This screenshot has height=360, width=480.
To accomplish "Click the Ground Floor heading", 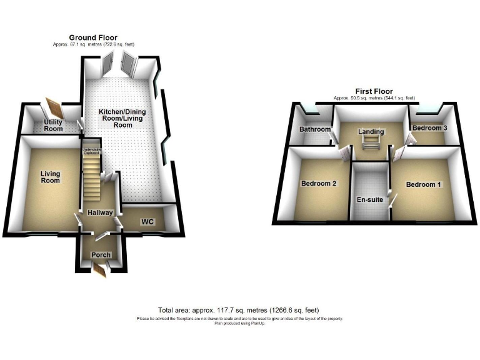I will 93,38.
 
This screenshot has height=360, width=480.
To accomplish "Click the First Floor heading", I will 374,91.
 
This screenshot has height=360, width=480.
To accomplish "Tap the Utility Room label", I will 53,125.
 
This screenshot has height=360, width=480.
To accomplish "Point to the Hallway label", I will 100,213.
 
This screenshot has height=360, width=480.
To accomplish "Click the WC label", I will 147,221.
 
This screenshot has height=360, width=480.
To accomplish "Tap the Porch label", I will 101,255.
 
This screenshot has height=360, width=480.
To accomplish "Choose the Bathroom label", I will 314,130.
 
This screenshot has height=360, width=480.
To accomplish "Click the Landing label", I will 371,132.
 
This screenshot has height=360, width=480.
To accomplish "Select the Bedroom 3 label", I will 429,128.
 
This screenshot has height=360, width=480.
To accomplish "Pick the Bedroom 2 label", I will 319,184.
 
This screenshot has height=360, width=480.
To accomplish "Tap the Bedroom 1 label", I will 424,184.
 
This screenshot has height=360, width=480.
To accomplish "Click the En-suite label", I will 370,202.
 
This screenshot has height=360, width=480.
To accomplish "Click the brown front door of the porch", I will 100,270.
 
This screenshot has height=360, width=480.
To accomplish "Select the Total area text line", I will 239,311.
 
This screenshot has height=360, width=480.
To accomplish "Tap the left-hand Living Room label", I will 50,177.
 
